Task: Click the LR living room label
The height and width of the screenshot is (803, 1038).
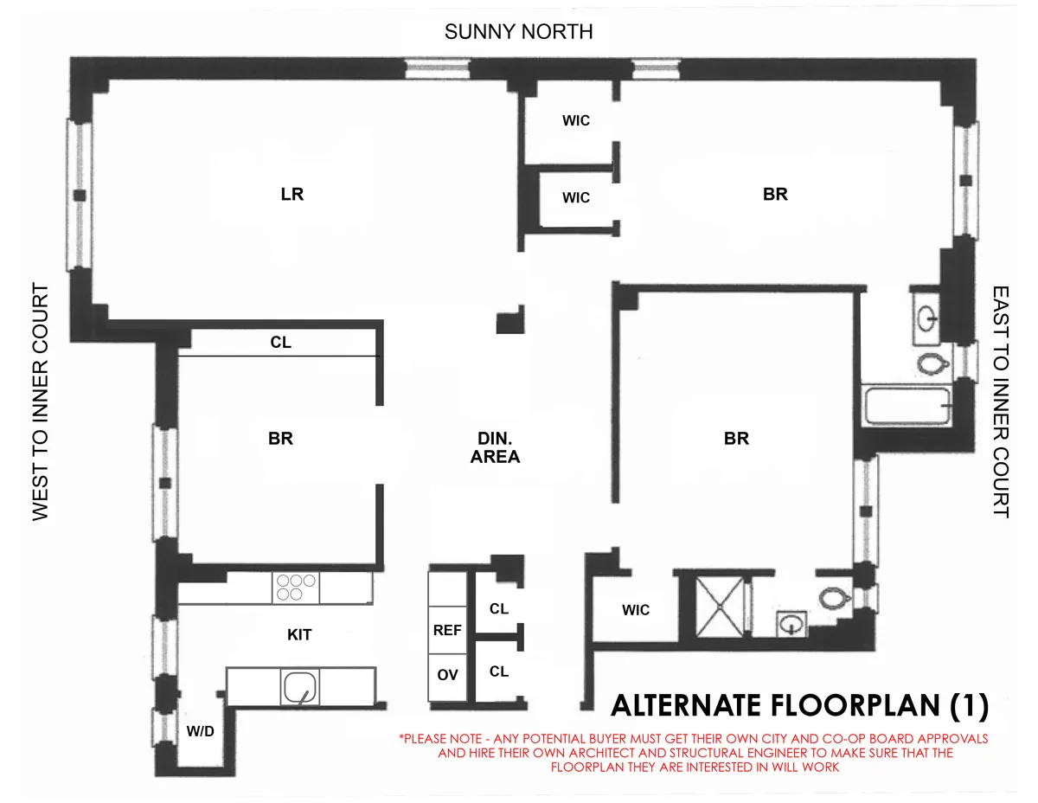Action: pos(292,194)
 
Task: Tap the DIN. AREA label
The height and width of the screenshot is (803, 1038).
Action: pos(496,448)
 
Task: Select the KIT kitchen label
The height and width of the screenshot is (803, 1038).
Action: pos(298,635)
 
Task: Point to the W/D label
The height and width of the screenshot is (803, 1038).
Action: pos(200,731)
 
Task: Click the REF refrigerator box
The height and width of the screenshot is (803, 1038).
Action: pos(447,631)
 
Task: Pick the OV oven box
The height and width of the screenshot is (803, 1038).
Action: pos(447,674)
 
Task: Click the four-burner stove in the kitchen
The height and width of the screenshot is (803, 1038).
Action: pos(294,588)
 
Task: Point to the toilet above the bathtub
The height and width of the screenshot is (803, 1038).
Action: pos(930,363)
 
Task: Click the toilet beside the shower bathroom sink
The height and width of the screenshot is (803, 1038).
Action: pos(833,597)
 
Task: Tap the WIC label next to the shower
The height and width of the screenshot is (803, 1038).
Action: pos(636,610)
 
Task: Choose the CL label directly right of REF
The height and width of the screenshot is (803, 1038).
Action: pos(499,608)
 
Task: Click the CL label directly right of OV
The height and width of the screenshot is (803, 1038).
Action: pos(499,671)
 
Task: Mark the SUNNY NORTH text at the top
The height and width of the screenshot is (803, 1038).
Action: pos(518,32)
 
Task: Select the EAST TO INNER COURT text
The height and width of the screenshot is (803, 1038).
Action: pos(1001,401)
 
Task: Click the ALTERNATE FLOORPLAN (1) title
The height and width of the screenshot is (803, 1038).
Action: pos(799,706)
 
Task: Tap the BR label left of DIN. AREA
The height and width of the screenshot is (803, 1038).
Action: pos(280,439)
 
